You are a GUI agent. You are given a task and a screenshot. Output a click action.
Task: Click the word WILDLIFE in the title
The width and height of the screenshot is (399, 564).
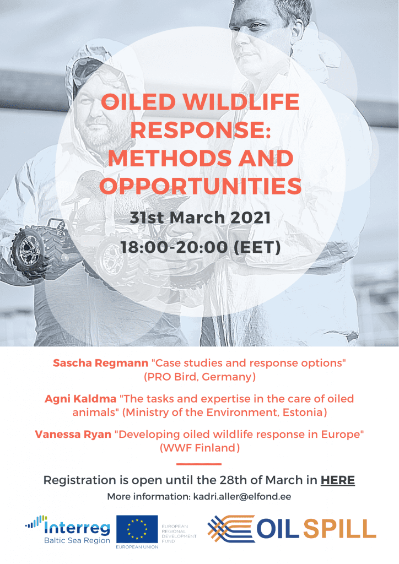coord(241,102)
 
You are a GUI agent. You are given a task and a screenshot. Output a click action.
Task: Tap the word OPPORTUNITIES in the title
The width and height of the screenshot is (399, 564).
coord(201,186)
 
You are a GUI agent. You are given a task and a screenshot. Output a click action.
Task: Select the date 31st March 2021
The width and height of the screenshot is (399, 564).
coord(200,218)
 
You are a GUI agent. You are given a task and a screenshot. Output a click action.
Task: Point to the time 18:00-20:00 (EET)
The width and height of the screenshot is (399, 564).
coord(201,247)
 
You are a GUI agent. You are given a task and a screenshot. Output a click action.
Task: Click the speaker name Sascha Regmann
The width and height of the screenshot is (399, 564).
coord(100,363)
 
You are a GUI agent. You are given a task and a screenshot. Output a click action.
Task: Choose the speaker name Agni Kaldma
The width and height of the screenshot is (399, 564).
coord(80,399)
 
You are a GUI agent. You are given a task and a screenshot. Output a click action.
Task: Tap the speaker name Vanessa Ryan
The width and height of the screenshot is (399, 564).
coord(73,434)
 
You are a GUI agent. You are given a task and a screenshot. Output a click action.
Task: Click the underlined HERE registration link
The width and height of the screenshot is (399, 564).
coord(337,480)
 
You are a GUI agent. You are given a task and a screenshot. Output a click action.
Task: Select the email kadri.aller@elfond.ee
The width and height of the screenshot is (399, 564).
coord(242,497)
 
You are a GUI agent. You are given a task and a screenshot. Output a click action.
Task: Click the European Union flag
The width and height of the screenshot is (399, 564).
coord(137,529)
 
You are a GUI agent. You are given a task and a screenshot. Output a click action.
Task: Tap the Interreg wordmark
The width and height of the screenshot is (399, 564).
coord(77,528)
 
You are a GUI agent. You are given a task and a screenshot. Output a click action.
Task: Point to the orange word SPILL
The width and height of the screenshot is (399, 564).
coord(339,529)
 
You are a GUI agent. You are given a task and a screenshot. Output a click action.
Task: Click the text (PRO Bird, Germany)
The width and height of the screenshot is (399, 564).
coord(199,377)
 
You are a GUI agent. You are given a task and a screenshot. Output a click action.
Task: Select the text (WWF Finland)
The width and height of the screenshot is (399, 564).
coord(199,448)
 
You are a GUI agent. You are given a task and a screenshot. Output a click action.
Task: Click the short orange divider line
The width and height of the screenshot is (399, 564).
coord(199,464)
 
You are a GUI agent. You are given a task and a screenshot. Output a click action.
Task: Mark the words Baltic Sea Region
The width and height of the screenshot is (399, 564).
coord(77,540)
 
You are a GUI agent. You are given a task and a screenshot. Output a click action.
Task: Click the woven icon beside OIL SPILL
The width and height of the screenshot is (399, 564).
coord(231,528)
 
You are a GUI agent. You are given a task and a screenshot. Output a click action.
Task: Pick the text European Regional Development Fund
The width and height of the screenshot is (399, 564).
coord(179,533)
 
